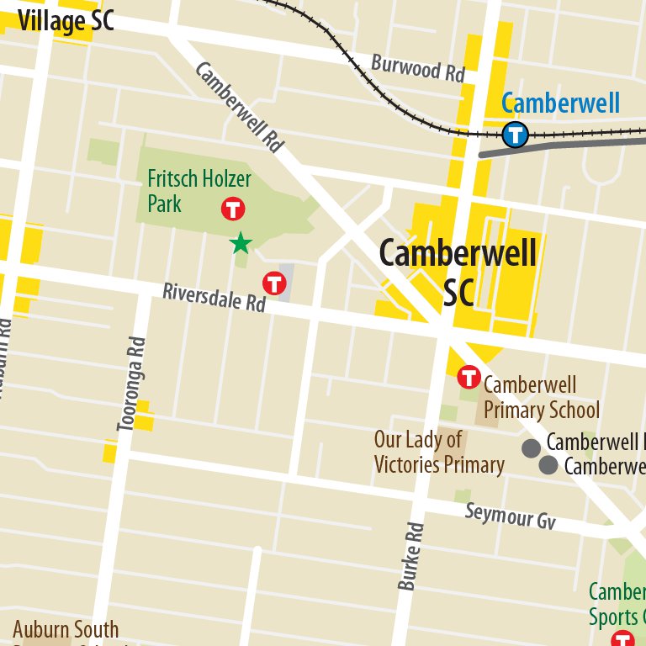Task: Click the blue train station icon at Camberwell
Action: click(x=515, y=134)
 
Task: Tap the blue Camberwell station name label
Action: click(x=560, y=104)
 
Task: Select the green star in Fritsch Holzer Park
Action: click(x=241, y=244)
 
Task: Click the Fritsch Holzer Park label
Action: click(x=199, y=191)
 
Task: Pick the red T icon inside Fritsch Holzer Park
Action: click(x=232, y=209)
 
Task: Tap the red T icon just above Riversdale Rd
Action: click(x=273, y=283)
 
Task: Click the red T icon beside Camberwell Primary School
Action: click(x=469, y=378)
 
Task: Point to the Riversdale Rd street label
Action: click(x=214, y=297)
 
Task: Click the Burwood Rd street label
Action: click(x=418, y=68)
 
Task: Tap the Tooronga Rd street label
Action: click(x=132, y=384)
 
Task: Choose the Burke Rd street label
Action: click(x=412, y=556)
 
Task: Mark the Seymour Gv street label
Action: click(x=511, y=516)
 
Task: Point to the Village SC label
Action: click(x=66, y=21)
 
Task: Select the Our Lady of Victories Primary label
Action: click(x=438, y=452)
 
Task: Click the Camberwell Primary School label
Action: click(x=541, y=398)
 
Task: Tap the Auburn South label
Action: click(x=66, y=629)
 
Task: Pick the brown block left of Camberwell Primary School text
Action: click(x=485, y=409)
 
